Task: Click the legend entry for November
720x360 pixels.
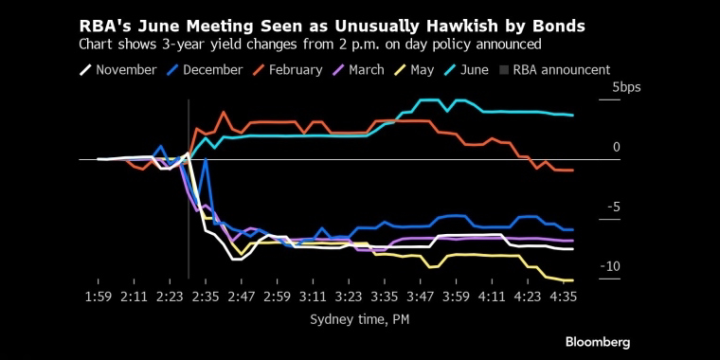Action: coord(118,70)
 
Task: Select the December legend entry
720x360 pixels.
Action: coord(205,70)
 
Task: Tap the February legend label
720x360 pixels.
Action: coord(288,70)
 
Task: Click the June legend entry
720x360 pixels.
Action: coord(467,70)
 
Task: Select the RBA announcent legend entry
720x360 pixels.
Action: coord(555,70)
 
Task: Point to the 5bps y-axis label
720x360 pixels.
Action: coord(626,88)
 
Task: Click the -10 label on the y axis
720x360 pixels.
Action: coord(609,267)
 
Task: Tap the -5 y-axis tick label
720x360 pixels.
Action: coord(613,207)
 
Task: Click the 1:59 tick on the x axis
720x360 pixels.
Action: coord(99,297)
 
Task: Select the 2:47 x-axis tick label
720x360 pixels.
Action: coord(242,297)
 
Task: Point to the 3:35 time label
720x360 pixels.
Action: coord(385,297)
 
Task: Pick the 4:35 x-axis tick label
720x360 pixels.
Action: coord(564,297)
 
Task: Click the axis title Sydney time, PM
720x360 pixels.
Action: coord(360,319)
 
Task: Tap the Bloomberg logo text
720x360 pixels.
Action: coord(598,342)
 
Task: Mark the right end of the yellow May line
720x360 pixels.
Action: coord(573,280)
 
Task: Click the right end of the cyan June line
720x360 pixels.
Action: coord(573,116)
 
